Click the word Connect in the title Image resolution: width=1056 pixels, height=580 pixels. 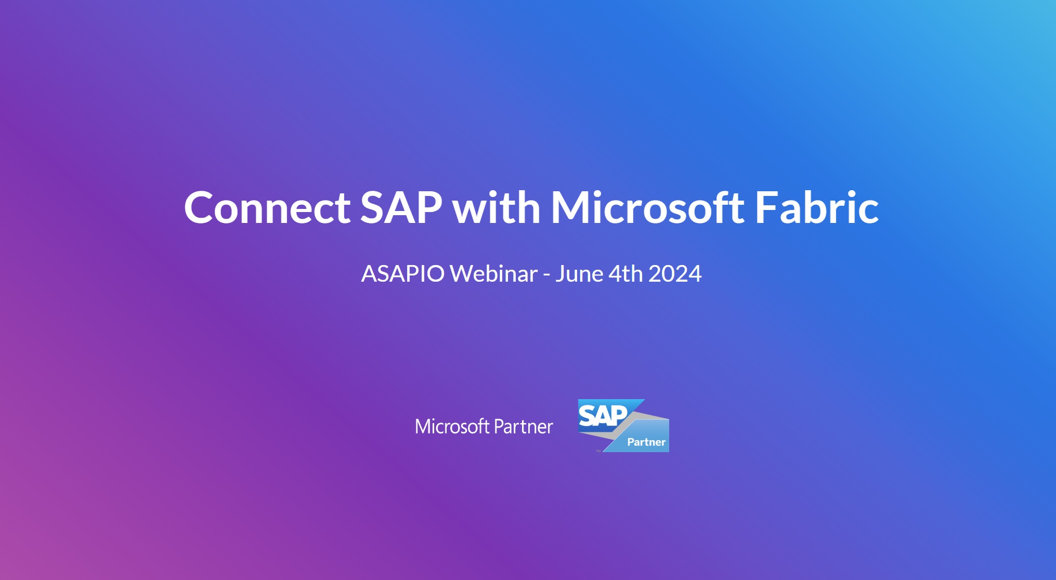coord(267,208)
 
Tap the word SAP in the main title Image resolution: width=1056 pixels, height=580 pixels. coord(401,208)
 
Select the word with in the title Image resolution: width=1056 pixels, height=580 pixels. coord(496,208)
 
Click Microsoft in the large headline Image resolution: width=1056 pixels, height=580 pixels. coord(647,208)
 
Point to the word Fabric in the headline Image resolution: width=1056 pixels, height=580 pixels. coord(817,208)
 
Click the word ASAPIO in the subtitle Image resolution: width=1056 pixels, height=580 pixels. coord(403,274)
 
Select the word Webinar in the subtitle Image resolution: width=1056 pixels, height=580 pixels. coord(493,274)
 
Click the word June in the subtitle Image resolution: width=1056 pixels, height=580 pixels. coord(579,274)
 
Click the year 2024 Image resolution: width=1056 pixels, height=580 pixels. coord(675,274)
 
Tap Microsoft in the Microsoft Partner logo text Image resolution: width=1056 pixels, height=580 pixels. coord(452,427)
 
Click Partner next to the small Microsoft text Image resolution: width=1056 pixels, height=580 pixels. coord(523,427)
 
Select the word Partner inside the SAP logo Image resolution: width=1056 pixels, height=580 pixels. coord(646,442)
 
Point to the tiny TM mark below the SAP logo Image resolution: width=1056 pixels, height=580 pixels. coord(598,451)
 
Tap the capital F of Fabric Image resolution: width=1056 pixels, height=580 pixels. coord(766,208)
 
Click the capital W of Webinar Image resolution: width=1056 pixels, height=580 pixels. coord(462,274)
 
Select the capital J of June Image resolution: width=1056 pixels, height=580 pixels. coord(560,274)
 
